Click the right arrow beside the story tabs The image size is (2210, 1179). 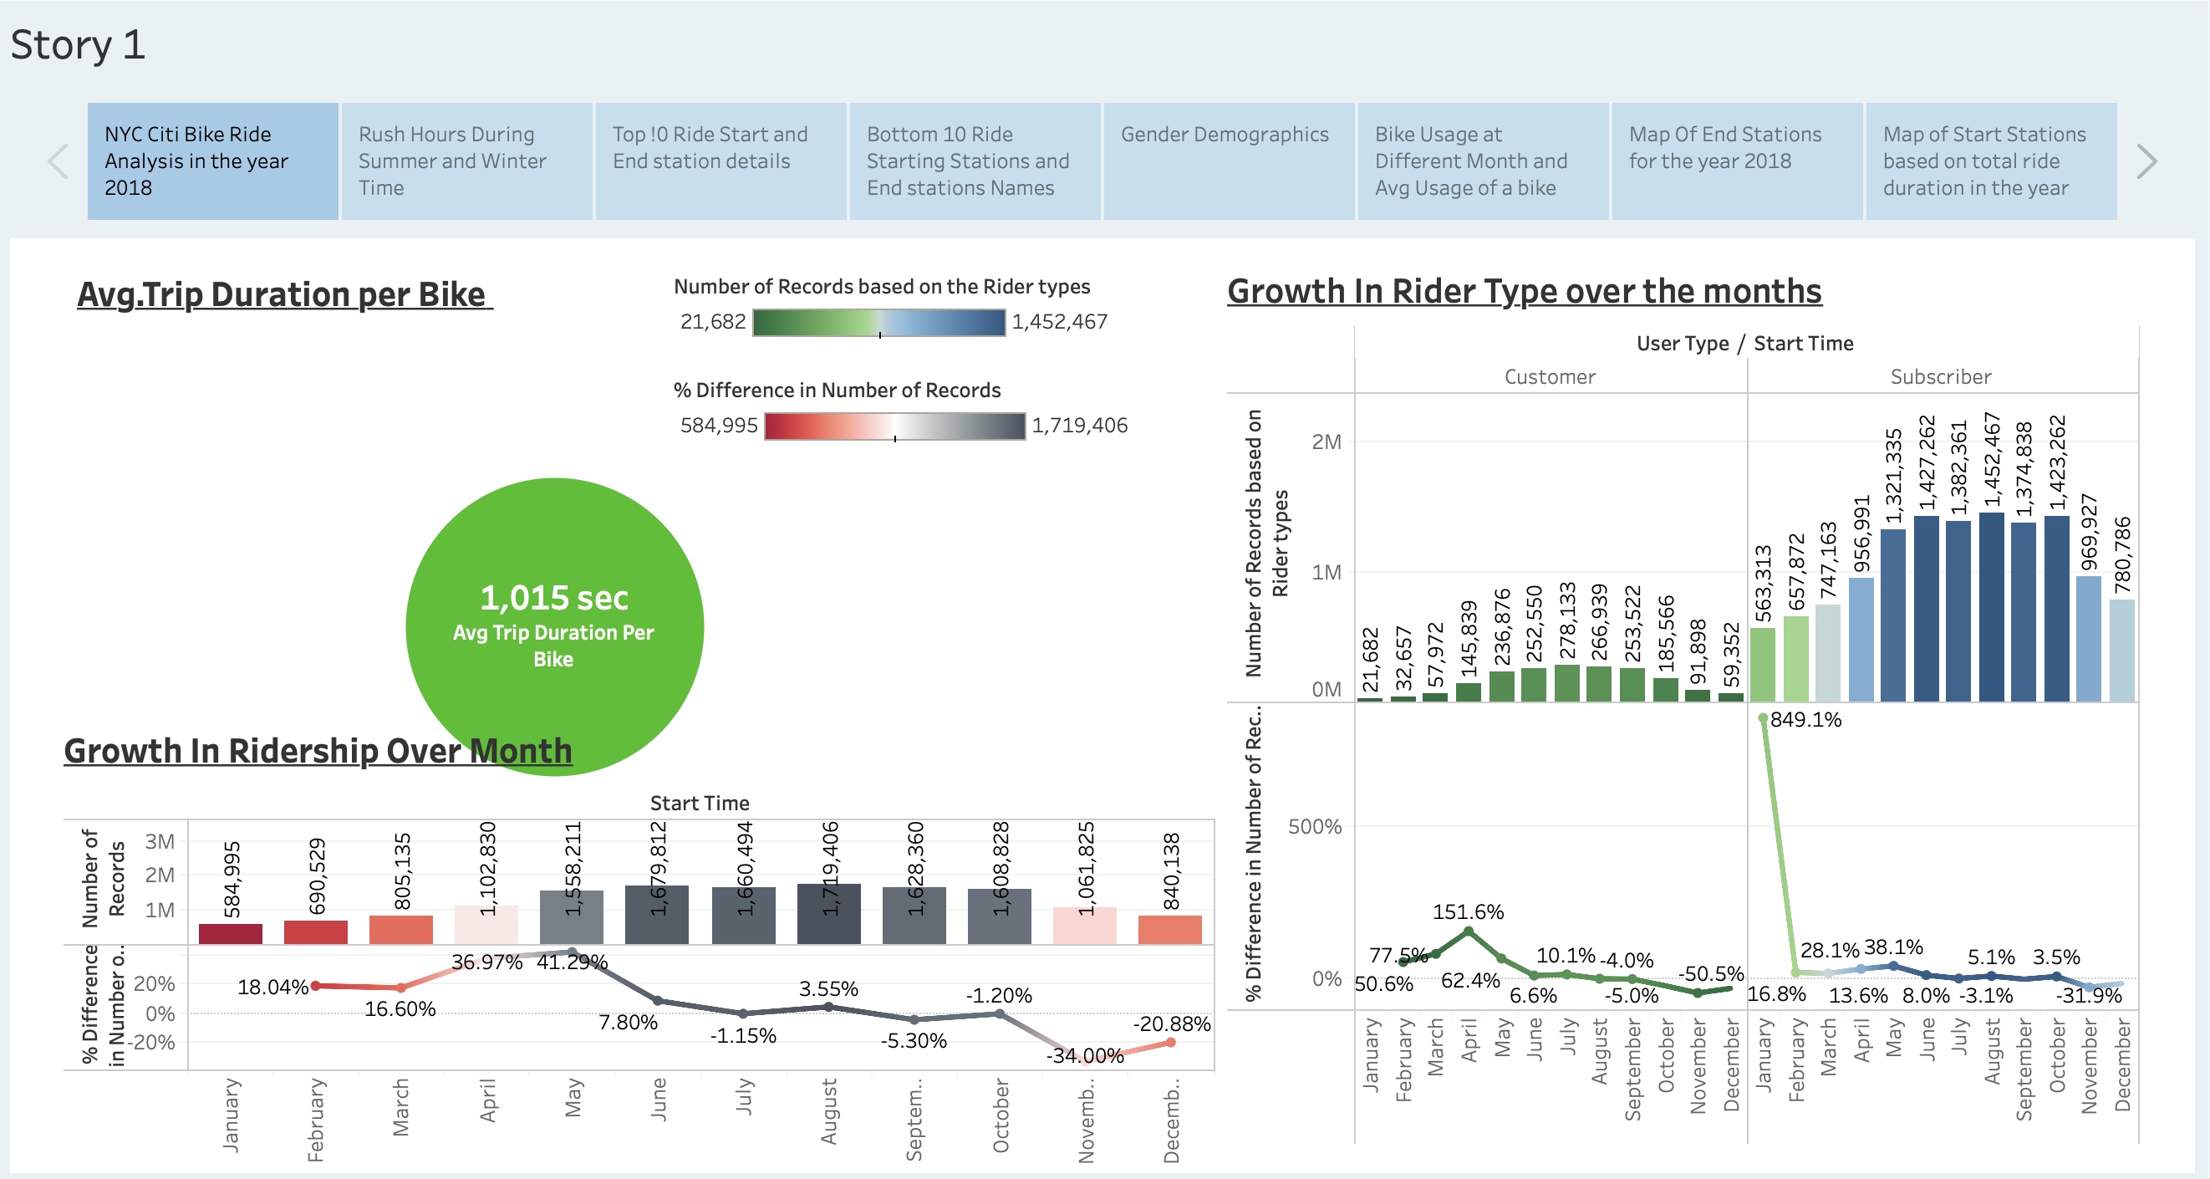2146,161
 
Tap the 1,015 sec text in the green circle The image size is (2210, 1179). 553,597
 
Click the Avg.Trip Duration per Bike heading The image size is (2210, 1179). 284,294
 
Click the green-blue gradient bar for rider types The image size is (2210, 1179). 878,323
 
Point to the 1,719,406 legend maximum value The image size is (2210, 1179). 1078,426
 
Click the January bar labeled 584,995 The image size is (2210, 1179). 230,934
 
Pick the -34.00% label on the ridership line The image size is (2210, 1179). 1084,1055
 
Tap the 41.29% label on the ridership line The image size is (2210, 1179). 572,962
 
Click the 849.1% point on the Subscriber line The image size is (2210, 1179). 1762,718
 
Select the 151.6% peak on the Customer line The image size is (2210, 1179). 1468,931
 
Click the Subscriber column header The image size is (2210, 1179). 1941,377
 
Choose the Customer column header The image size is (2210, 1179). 1550,377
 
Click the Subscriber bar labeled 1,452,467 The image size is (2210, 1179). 1990,607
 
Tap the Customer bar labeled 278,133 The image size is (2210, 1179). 1566,683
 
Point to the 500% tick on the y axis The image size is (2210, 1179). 1314,826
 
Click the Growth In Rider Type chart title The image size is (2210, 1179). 1524,292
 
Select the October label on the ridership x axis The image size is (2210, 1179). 1001,1115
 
